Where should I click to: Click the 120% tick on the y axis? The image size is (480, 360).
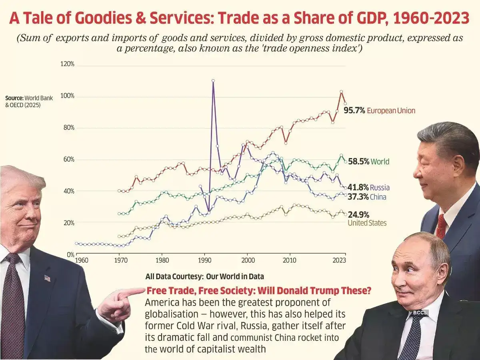coord(67,64)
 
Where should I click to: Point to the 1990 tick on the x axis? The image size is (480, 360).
coord(204,259)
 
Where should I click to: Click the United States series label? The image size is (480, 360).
coord(367,223)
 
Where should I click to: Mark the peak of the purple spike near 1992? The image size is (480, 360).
coord(213,80)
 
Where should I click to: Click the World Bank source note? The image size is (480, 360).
coord(29,101)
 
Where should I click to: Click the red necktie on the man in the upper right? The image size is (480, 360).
coord(441,226)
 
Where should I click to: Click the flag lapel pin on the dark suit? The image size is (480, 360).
coord(47,278)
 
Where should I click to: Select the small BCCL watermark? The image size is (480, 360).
coord(419,312)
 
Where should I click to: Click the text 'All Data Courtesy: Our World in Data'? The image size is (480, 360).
coord(204,276)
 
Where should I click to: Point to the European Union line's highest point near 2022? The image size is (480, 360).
coord(341,92)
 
